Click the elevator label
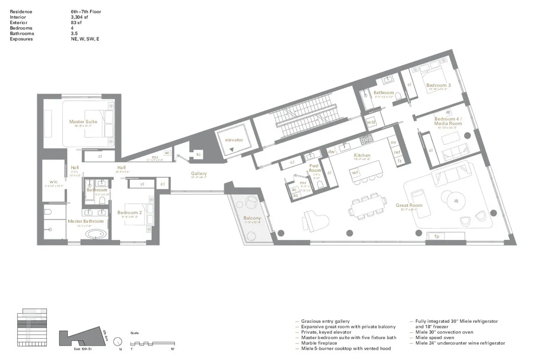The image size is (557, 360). pyautogui.click(x=234, y=140)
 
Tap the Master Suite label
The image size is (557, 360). pyautogui.click(x=83, y=122)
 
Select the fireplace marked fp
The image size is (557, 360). pyautogui.click(x=436, y=237)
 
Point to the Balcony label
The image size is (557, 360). pyautogui.click(x=252, y=218)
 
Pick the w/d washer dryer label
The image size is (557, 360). pyautogui.click(x=370, y=122)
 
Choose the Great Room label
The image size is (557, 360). pyautogui.click(x=409, y=205)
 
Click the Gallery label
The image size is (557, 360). pyautogui.click(x=199, y=174)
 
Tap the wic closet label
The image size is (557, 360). pyautogui.click(x=53, y=181)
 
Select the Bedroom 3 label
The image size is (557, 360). pyautogui.click(x=439, y=85)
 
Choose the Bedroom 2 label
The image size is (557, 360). pyautogui.click(x=130, y=212)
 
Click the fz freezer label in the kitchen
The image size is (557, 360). pyautogui.click(x=399, y=161)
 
